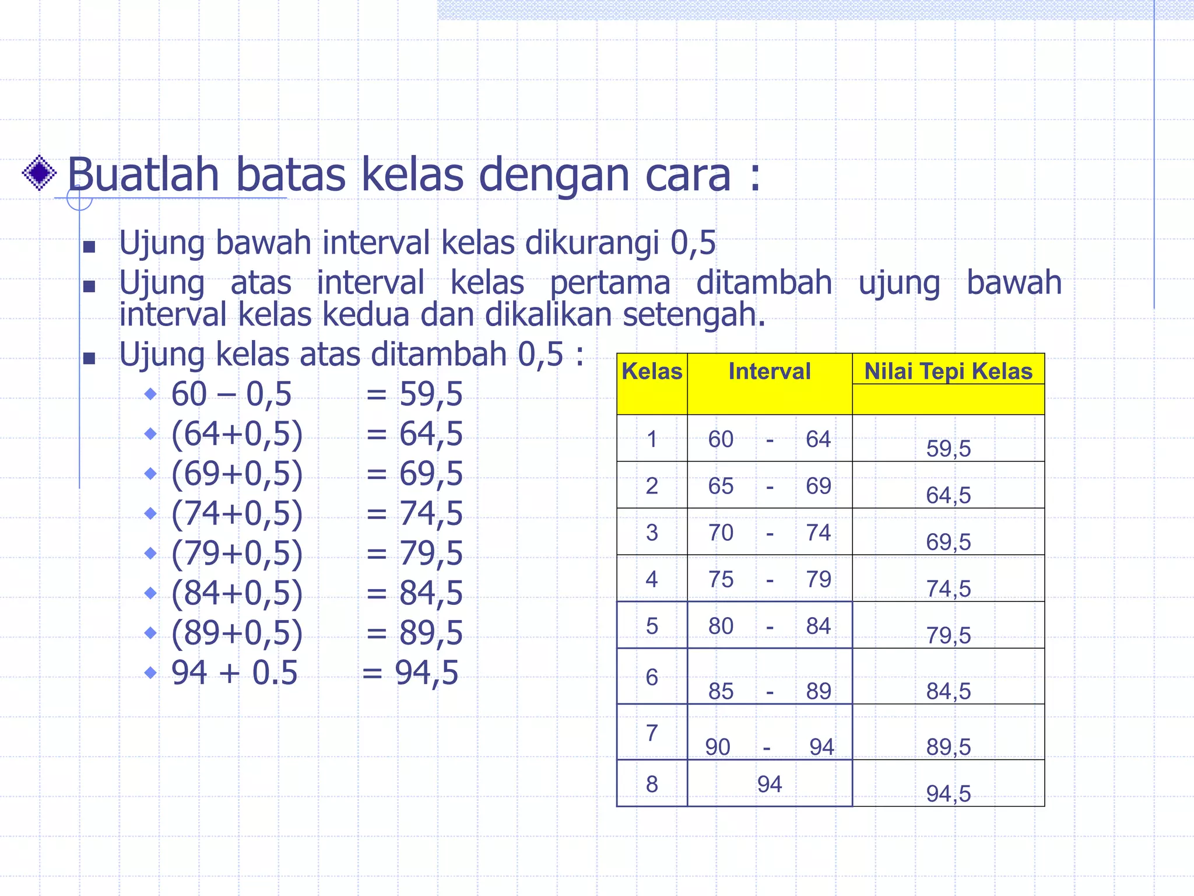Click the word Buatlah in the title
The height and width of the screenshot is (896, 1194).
143,174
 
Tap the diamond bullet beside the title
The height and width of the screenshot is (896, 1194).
39,173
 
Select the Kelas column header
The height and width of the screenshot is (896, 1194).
652,372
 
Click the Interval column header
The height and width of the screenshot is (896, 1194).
770,372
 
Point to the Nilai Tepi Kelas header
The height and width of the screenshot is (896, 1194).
948,372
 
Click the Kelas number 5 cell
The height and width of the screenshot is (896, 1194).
652,626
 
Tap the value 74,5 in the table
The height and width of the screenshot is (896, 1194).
949,589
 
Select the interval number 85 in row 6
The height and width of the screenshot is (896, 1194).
721,691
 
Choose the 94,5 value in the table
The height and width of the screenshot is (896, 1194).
949,794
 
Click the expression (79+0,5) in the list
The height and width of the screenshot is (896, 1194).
237,553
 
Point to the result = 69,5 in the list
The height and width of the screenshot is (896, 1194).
415,473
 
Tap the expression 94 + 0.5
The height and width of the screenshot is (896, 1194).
234,673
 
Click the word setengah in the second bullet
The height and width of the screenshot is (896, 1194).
693,314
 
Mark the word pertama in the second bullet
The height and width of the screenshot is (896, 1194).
610,283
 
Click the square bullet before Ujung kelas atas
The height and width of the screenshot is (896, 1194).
89,358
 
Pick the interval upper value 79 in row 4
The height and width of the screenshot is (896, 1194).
819,579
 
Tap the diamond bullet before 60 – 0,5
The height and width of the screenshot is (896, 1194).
150,394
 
